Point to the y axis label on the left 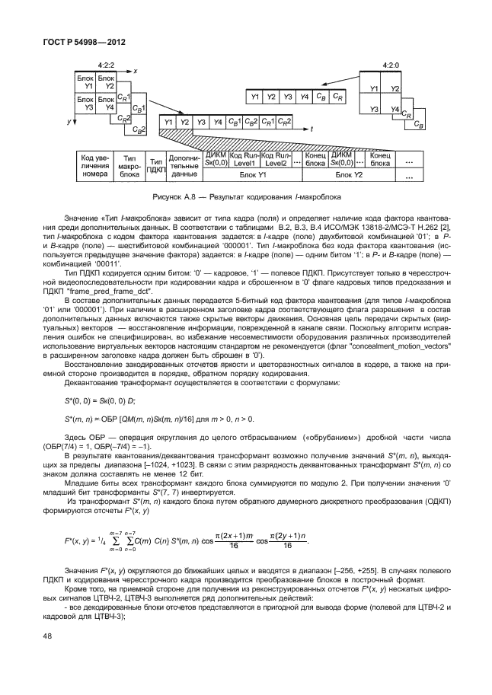pyautogui.click(x=68, y=121)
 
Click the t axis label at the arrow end pyautogui.click(x=311, y=130)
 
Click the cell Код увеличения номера pyautogui.click(x=95, y=166)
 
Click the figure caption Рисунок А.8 pyautogui.click(x=245, y=196)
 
